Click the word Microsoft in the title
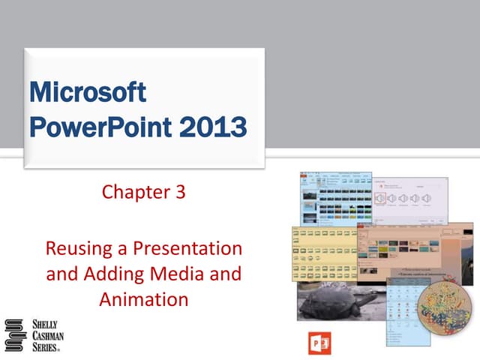tap(86, 94)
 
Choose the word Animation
tap(143, 300)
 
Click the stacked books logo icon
tap(16, 334)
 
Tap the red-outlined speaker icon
tap(381, 198)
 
